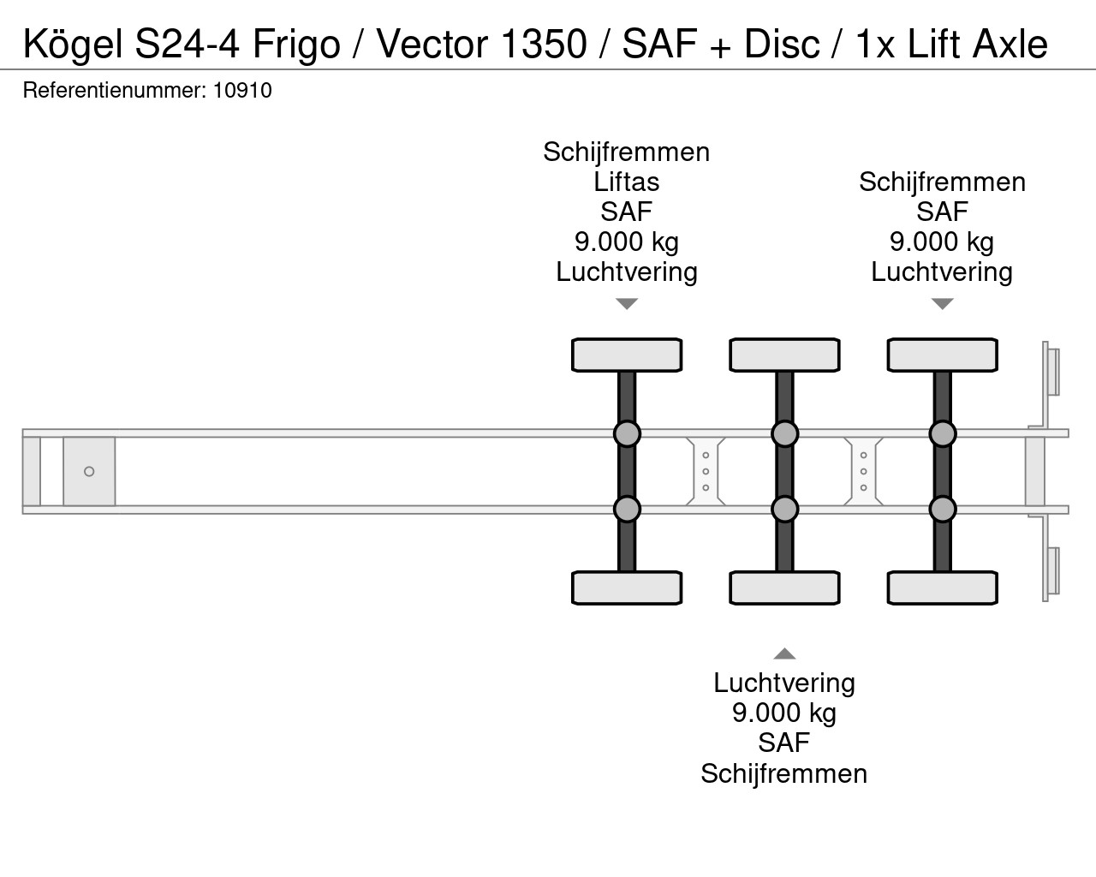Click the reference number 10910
click(242, 91)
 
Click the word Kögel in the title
click(73, 45)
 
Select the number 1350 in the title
click(544, 44)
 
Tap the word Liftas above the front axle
click(627, 182)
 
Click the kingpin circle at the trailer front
click(89, 471)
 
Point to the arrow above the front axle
click(627, 304)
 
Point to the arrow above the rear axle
click(942, 304)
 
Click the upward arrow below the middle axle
click(784, 653)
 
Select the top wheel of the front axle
click(627, 355)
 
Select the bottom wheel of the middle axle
click(784, 588)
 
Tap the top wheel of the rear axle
click(942, 355)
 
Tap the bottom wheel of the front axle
click(627, 588)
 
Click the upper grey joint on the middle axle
click(784, 433)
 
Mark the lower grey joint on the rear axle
click(942, 509)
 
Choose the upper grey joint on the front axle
click(627, 433)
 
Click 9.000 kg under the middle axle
click(784, 713)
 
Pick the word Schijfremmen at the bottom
click(783, 773)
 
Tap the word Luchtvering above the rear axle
click(942, 272)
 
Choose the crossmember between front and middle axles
click(706, 471)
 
